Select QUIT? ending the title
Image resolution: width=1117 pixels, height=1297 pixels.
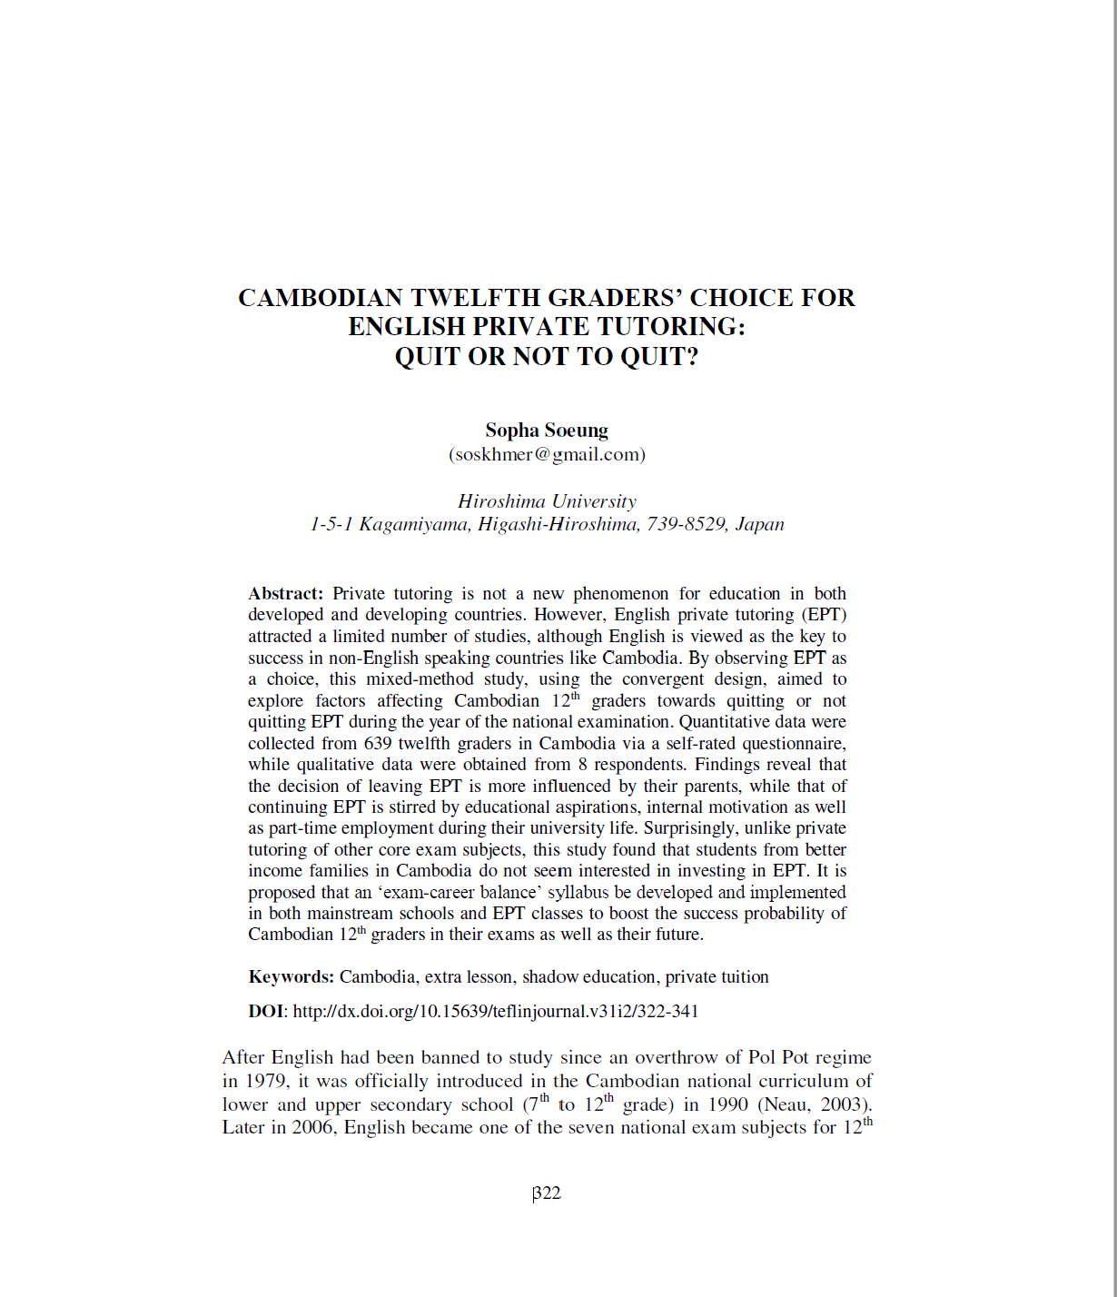point(659,356)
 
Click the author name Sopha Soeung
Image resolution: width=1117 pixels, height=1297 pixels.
point(547,431)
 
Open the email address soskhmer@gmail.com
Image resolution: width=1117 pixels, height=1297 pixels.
point(547,454)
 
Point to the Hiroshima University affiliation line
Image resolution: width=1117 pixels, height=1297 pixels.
point(547,501)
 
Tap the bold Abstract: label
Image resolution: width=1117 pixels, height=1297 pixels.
point(285,594)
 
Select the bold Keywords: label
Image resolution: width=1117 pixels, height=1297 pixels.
point(291,977)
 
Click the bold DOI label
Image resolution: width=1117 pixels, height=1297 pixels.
point(267,1011)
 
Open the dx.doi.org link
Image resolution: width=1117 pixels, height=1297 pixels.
point(496,1011)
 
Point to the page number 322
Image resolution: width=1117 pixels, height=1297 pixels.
point(548,1193)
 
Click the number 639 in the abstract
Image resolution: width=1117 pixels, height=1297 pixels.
point(378,743)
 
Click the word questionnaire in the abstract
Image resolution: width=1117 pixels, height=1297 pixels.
point(794,743)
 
